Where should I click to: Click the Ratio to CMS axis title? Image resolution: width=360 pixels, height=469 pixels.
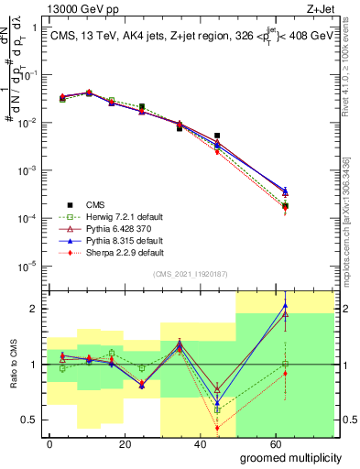pos(13,365)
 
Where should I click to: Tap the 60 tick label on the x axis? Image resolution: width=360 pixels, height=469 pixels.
pos(277,443)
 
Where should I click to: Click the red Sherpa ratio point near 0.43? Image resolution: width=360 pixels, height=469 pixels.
pos(217,428)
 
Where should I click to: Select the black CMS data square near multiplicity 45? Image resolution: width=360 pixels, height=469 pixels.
pos(217,136)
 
